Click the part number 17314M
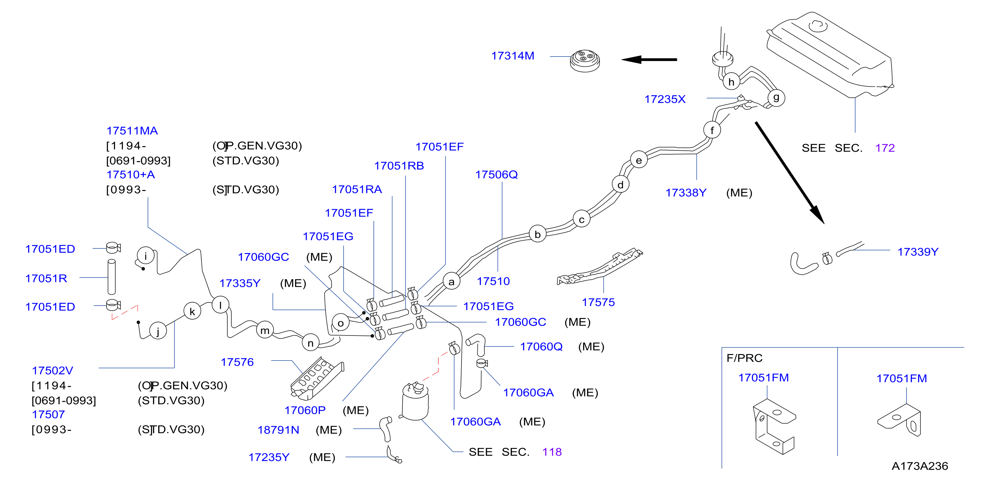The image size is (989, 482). click(513, 56)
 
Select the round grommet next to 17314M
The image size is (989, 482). click(585, 61)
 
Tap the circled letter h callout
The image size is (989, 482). click(731, 82)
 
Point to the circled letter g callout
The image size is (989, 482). click(776, 97)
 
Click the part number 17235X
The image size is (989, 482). click(665, 99)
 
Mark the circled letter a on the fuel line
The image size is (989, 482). click(451, 282)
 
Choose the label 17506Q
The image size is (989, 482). click(496, 175)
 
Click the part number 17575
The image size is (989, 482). click(598, 303)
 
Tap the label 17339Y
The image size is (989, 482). click(918, 252)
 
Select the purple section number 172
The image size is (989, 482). click(885, 148)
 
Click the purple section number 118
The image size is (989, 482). click(552, 452)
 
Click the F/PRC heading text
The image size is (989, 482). click(744, 358)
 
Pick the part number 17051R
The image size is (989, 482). click(46, 278)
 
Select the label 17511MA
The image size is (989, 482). click(132, 131)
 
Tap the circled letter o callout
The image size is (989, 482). click(340, 323)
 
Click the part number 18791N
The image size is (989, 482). click(278, 430)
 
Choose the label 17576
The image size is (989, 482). click(237, 362)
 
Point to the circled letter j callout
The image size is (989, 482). click(158, 331)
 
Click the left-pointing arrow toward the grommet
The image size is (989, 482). click(649, 59)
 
